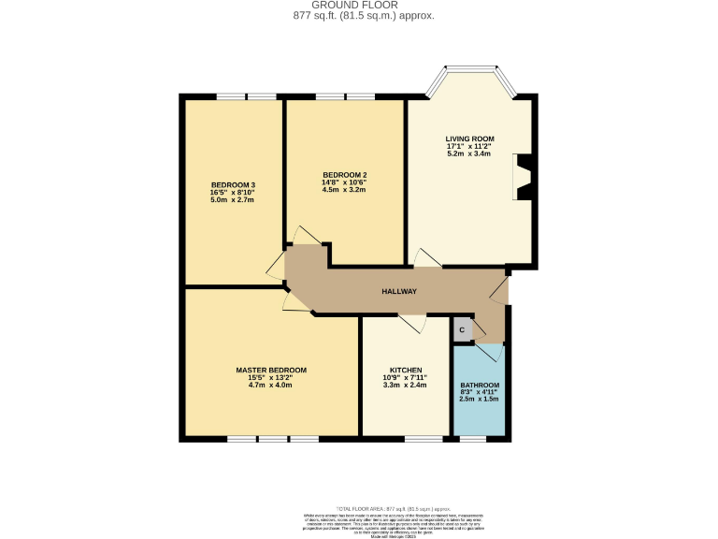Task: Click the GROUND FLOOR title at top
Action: tap(359, 5)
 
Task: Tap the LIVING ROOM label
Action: tap(469, 138)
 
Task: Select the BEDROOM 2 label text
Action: tap(344, 175)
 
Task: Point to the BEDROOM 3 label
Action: tap(233, 184)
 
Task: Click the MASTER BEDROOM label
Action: tap(271, 370)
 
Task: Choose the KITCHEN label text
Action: tap(405, 370)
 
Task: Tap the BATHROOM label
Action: tap(480, 386)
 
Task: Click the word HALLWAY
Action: tap(399, 292)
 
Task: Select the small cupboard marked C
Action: tap(462, 330)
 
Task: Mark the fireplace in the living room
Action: tap(522, 177)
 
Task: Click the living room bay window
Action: tap(470, 69)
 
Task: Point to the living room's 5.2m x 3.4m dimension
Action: tap(469, 153)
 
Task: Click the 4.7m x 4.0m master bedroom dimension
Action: tap(271, 385)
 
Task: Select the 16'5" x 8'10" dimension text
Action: tap(233, 192)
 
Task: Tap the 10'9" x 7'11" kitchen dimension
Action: tap(405, 377)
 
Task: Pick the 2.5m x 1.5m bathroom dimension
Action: tap(480, 399)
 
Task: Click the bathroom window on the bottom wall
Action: tap(473, 438)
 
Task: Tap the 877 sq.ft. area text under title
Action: tap(359, 16)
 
